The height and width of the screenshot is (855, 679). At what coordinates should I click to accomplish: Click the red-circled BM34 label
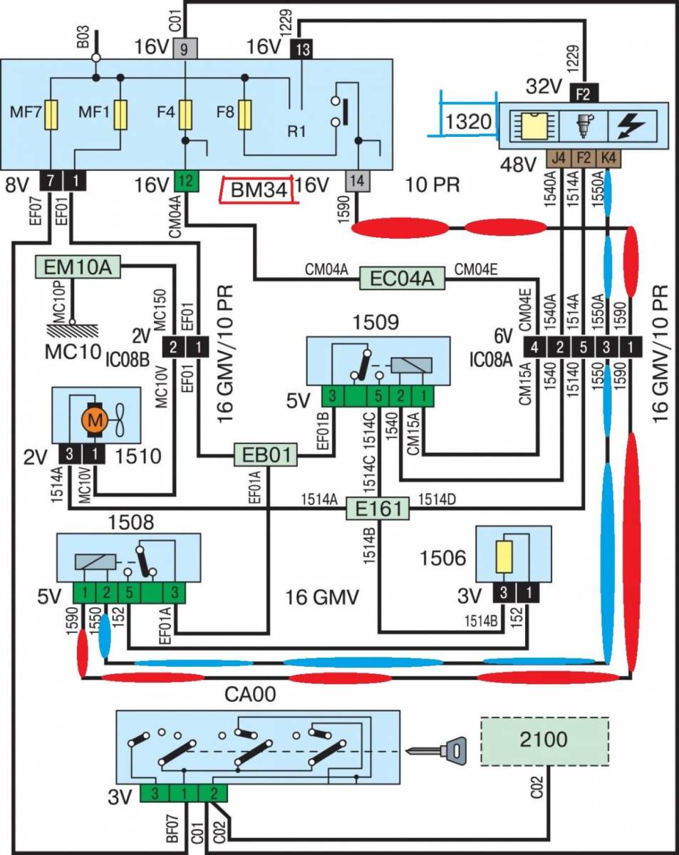tap(259, 190)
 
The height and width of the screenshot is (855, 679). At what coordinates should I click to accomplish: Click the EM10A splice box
tap(79, 269)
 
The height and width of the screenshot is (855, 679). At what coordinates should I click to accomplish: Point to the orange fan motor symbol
tap(95, 419)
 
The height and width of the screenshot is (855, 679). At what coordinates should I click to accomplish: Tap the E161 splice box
tap(378, 508)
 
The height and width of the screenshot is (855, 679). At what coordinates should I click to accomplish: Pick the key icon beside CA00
tap(437, 750)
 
